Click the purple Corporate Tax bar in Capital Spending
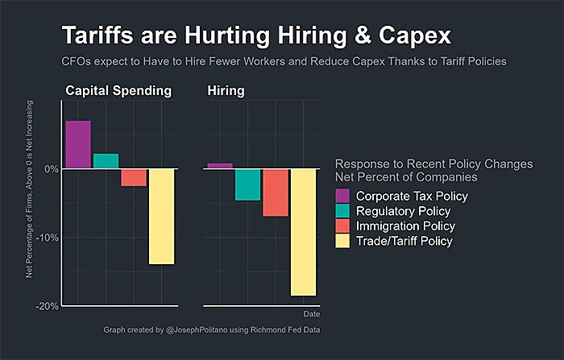coord(78,145)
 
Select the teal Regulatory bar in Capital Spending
coord(106,161)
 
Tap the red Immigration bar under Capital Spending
coord(134,177)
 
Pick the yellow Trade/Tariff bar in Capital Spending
coord(162,216)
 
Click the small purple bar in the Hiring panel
coord(220,166)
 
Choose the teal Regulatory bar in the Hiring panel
coord(247,184)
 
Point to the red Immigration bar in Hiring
coord(276,192)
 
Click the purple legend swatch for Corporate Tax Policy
coord(342,196)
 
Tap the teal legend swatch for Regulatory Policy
coord(342,210)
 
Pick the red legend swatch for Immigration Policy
coord(342,226)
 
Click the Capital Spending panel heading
coord(118,91)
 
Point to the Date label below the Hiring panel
coord(311,313)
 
